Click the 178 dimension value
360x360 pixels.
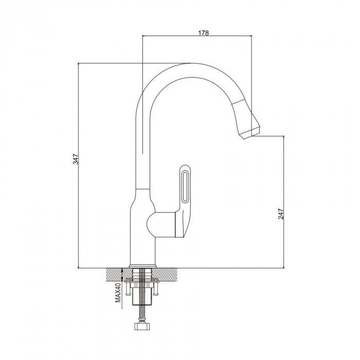coord(204,33)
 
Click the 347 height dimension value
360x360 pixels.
coord(76,159)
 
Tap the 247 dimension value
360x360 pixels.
coord(281,214)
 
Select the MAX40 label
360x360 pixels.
coord(118,293)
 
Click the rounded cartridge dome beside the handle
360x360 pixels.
coord(149,224)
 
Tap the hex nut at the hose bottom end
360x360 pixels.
coord(142,326)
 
